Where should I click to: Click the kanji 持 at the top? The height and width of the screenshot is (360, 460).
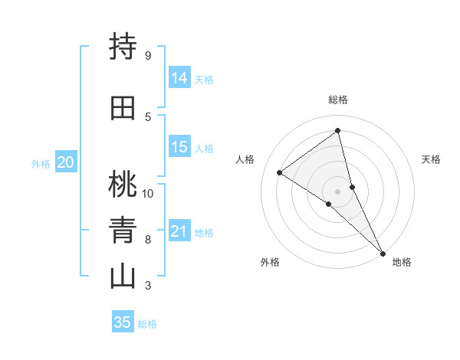click(x=123, y=47)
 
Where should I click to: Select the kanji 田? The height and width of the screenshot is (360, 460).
click(x=123, y=108)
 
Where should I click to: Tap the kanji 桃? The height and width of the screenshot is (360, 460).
click(x=123, y=185)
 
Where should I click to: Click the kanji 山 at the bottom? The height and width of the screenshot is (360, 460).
click(x=123, y=277)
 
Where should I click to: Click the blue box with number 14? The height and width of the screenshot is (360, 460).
click(x=179, y=78)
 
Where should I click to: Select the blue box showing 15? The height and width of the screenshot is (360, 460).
click(x=179, y=147)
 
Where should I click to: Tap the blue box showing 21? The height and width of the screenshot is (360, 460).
click(x=179, y=231)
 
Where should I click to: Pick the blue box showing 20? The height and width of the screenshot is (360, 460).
click(x=65, y=162)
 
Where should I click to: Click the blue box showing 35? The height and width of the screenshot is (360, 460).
click(x=123, y=322)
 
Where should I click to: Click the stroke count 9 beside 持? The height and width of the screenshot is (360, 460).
click(x=147, y=56)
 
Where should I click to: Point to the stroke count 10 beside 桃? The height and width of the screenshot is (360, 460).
click(x=148, y=193)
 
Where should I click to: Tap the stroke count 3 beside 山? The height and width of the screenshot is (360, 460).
click(x=147, y=286)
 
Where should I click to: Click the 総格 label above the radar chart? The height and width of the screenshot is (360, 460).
click(x=337, y=100)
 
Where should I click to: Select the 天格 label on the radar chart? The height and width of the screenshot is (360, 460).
click(x=431, y=159)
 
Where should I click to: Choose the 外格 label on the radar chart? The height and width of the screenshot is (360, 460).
click(x=270, y=262)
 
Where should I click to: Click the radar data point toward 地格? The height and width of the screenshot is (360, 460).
click(x=383, y=252)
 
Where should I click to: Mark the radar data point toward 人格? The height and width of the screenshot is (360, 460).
click(x=279, y=172)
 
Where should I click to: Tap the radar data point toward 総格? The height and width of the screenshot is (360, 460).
click(x=337, y=131)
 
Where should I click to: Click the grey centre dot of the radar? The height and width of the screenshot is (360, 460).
click(x=337, y=191)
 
